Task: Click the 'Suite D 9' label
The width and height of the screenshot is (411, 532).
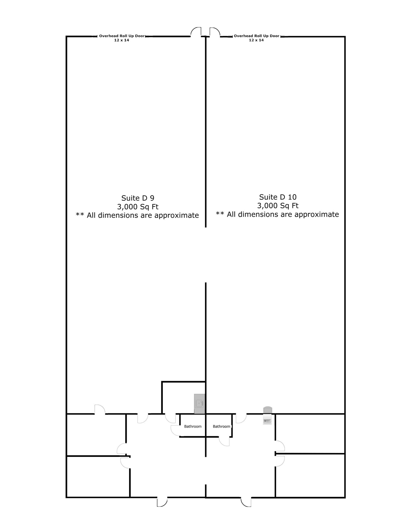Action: pos(138,198)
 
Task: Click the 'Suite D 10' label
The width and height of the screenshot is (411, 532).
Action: pos(278,197)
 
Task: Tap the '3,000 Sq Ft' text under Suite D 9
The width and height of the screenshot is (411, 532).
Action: pos(138,207)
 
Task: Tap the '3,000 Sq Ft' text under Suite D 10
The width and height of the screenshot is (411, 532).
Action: pos(278,206)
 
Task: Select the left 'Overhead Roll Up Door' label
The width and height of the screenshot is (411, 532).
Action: pos(122,36)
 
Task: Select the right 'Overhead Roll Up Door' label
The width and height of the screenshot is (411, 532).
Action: pos(257,36)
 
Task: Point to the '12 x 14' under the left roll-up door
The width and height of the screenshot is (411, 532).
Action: pos(122,40)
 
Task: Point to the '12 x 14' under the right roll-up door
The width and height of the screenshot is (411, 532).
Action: pos(256,40)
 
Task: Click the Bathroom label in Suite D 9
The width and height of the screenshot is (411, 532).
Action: pos(193,426)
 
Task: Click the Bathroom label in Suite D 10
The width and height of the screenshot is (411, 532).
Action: pos(221,426)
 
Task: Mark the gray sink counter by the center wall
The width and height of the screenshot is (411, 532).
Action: pos(199,404)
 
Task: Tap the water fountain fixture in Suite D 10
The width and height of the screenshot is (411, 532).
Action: pos(267,416)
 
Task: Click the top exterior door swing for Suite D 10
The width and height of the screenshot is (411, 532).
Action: pos(214,32)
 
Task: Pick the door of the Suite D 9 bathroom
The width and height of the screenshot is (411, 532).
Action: pos(175,430)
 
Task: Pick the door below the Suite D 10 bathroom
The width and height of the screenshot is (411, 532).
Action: pos(224,441)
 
